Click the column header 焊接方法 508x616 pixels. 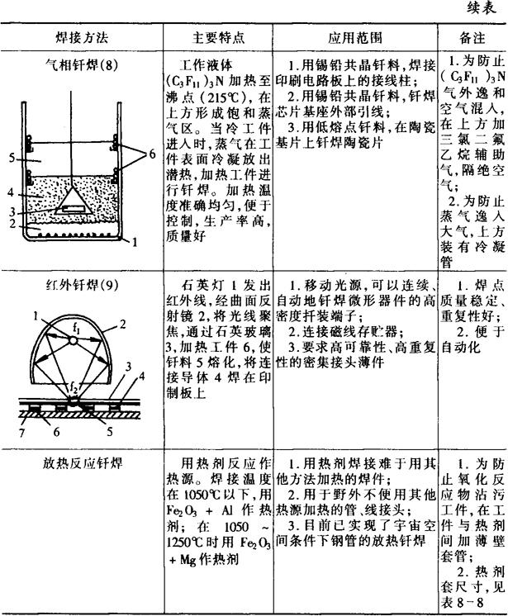pos(81,38)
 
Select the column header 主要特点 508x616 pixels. pos(218,38)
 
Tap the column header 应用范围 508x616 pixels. pos(355,38)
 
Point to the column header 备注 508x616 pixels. pos(472,38)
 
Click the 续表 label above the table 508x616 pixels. pos(482,8)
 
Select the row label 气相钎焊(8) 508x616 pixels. pos(81,64)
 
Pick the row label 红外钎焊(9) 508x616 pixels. pos(82,284)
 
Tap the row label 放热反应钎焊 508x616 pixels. pos(83,463)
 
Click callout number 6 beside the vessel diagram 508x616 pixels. pos(152,154)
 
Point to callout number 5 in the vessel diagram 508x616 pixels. pos(12,159)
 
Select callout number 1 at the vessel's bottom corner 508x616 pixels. pos(135,242)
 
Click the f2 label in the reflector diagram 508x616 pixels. pos(73,388)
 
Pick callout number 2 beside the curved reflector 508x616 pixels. pos(122,325)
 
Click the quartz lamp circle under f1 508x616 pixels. pos(73,340)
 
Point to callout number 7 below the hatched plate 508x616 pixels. pos(22,433)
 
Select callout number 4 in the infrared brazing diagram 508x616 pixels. pos(141,376)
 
